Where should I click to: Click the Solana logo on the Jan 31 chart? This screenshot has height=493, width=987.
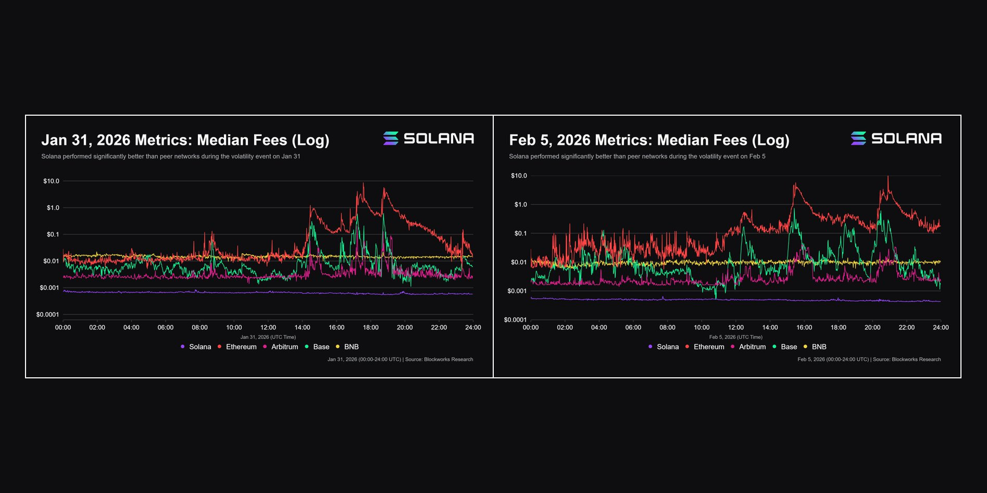(428, 139)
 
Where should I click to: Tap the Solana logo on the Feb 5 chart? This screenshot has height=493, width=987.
(896, 139)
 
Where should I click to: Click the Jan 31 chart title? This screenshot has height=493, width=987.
(185, 140)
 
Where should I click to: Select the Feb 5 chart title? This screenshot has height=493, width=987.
(649, 140)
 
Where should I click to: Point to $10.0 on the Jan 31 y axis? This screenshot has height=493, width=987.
(51, 181)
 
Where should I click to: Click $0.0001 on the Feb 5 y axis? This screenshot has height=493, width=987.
(515, 320)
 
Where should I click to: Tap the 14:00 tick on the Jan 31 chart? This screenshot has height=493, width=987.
(302, 328)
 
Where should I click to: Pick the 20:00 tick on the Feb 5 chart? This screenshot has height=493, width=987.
(872, 328)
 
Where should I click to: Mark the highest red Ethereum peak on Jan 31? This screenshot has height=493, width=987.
(364, 183)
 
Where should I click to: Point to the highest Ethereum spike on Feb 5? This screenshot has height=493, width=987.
(888, 177)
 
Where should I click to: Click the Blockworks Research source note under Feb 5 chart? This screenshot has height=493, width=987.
(869, 360)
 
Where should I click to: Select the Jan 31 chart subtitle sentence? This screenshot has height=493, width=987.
(171, 156)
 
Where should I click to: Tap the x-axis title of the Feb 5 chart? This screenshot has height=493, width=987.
(735, 337)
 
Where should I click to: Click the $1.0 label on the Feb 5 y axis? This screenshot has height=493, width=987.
(520, 205)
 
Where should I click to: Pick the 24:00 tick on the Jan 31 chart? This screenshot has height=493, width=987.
(473, 328)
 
